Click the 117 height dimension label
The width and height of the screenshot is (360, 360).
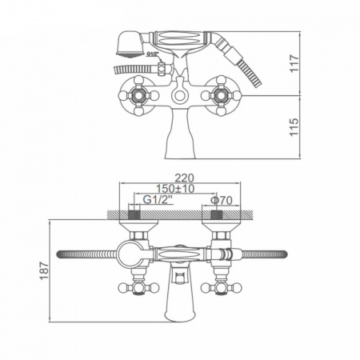click(x=294, y=63)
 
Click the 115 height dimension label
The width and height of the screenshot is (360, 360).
click(x=294, y=127)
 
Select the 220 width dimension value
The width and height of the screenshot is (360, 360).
click(x=184, y=178)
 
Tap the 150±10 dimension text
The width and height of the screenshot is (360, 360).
click(x=175, y=189)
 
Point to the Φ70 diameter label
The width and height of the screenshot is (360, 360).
click(x=222, y=200)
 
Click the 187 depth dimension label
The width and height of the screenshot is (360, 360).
click(x=44, y=271)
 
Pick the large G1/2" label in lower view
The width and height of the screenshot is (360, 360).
click(x=158, y=200)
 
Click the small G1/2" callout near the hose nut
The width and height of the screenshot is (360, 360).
click(x=153, y=54)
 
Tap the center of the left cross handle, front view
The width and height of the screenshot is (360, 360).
click(x=138, y=95)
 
